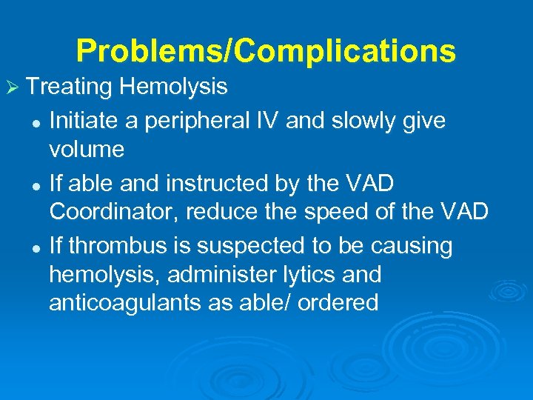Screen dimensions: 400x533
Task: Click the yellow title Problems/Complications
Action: (x=266, y=51)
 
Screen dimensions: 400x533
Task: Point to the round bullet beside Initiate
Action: (x=36, y=121)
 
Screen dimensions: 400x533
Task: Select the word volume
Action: (x=87, y=150)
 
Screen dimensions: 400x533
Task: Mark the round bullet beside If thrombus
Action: (x=36, y=246)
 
